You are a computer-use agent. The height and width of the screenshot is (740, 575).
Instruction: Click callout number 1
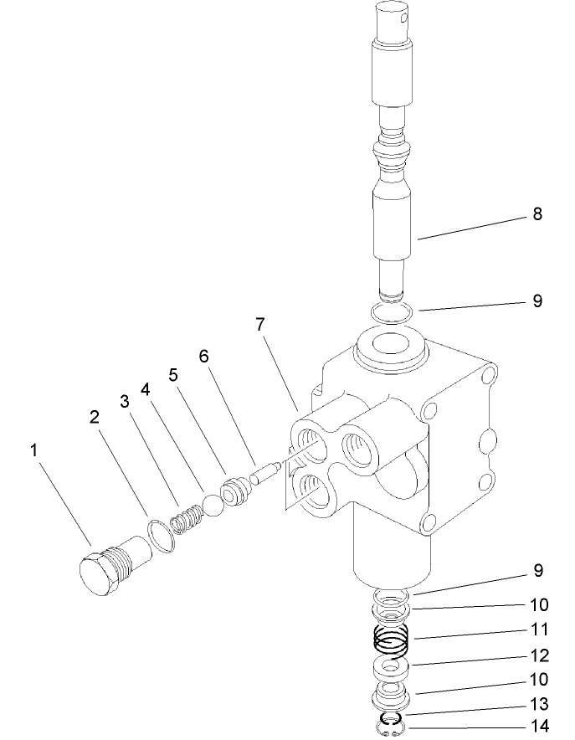tap(34, 450)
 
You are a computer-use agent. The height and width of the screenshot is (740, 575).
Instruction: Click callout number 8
tap(536, 214)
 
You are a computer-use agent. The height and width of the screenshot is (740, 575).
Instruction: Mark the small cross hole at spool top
tap(407, 14)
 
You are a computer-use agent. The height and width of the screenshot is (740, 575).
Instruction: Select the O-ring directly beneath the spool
tap(391, 314)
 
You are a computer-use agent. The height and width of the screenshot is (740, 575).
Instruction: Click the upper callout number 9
tap(536, 301)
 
